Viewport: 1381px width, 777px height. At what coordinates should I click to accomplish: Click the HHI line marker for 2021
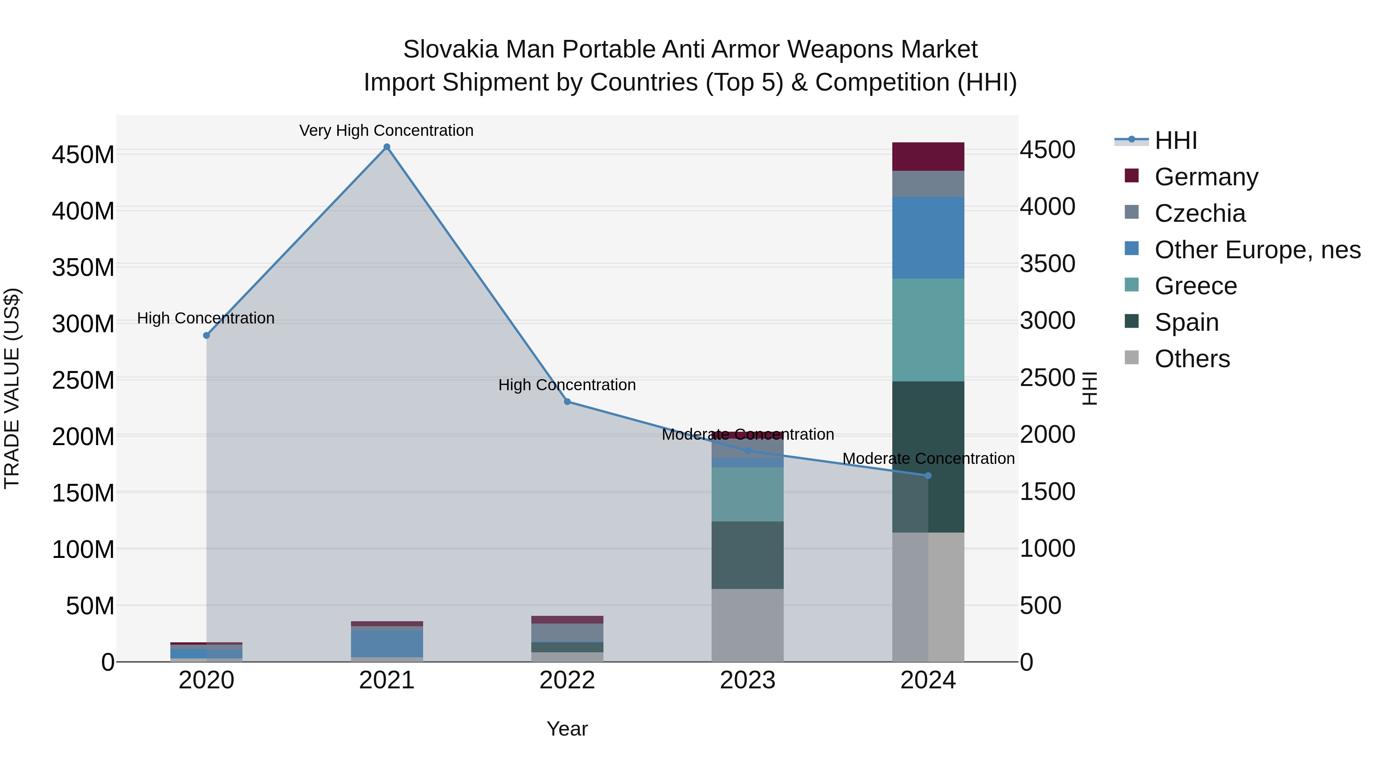pos(387,147)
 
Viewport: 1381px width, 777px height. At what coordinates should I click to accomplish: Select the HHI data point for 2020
pos(206,335)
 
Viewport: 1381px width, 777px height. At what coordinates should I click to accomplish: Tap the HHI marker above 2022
pos(567,402)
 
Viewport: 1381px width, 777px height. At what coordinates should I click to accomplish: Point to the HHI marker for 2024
pos(928,476)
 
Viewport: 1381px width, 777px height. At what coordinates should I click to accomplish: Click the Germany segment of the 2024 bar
pos(928,157)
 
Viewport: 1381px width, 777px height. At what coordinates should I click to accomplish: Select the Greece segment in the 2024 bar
pos(928,330)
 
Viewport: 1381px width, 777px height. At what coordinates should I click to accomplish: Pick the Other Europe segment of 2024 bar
pos(928,238)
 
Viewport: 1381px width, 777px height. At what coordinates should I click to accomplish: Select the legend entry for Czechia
pos(1200,213)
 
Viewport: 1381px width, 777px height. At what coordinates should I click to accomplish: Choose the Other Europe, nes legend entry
pos(1257,250)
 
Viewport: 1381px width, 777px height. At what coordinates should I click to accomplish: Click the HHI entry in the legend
pos(1176,140)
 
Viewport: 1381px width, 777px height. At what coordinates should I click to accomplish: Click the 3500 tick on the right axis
pos(1047,264)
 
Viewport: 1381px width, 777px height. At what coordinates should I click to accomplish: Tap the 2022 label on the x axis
pos(567,680)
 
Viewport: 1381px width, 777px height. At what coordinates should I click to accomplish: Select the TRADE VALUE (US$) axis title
pos(12,388)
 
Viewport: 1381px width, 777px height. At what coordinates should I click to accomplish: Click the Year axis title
pos(567,729)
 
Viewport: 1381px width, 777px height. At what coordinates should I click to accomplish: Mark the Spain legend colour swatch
pos(1132,321)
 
